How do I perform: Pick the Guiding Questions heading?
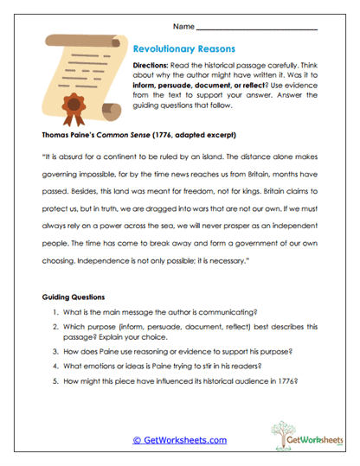coord(76,297)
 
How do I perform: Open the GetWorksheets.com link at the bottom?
coord(180,439)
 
